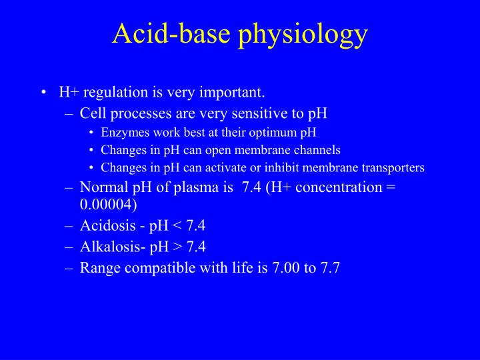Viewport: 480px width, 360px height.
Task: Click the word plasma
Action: click(x=192, y=187)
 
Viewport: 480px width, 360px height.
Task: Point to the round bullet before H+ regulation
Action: click(x=43, y=92)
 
